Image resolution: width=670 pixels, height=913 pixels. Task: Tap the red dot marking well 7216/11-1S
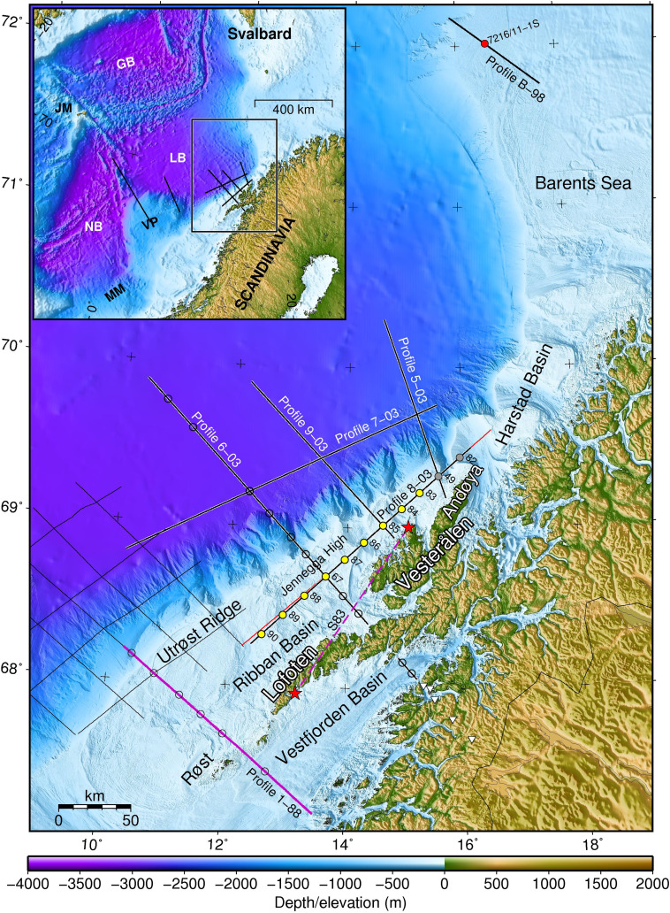coord(484,43)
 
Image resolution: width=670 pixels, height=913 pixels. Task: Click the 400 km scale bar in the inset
coord(293,100)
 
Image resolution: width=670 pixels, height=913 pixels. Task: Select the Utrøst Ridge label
coord(200,633)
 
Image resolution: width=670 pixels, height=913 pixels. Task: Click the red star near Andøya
coord(407,527)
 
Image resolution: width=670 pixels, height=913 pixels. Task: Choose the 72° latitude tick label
coord(15,19)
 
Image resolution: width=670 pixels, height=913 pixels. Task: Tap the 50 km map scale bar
coord(94,807)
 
